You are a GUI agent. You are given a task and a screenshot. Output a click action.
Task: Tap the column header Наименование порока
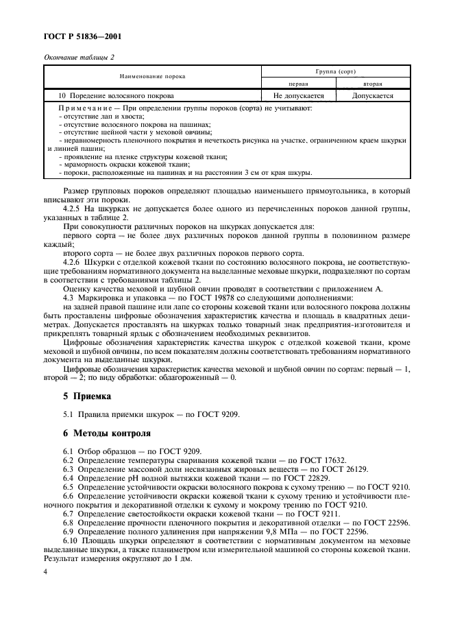coord(152,76)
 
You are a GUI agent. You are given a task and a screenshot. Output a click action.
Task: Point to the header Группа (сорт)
coord(335,71)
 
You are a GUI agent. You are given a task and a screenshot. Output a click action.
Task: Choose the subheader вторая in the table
coord(372,82)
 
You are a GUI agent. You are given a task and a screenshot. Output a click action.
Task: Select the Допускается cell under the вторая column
coord(372,96)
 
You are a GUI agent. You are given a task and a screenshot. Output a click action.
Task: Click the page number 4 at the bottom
coord(46,570)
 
